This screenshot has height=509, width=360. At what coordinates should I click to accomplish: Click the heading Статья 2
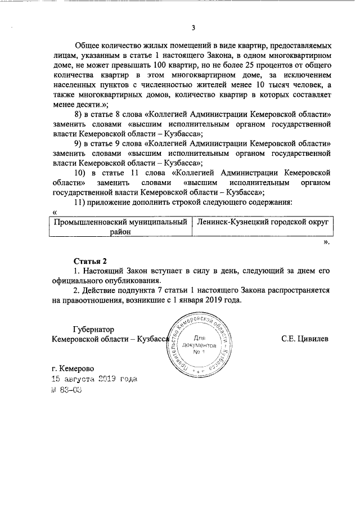tap(90, 260)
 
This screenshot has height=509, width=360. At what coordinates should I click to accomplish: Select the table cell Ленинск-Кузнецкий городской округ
tap(263, 223)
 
